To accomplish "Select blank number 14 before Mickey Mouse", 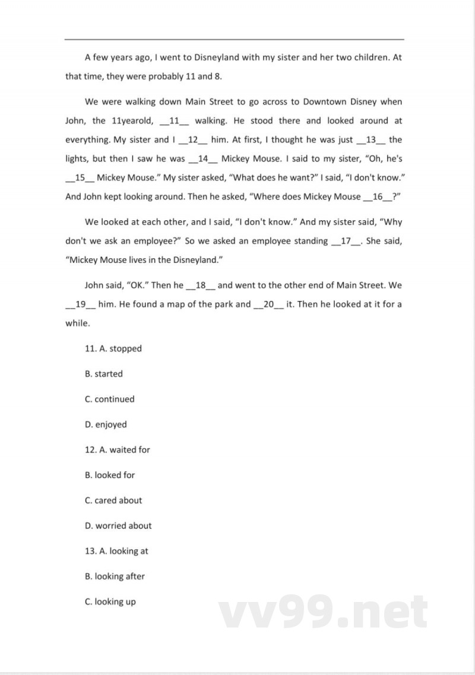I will [x=203, y=159].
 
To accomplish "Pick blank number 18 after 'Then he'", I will [x=200, y=285].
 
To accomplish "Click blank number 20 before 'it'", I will [x=268, y=304].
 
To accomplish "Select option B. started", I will [x=104, y=374].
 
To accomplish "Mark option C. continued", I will [x=110, y=399].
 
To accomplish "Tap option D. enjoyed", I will [x=106, y=424].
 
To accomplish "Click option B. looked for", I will [x=110, y=475].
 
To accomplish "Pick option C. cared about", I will [x=113, y=500].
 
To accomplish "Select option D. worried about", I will [x=118, y=525].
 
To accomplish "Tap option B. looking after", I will [x=115, y=576].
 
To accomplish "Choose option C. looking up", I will [x=110, y=601].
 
